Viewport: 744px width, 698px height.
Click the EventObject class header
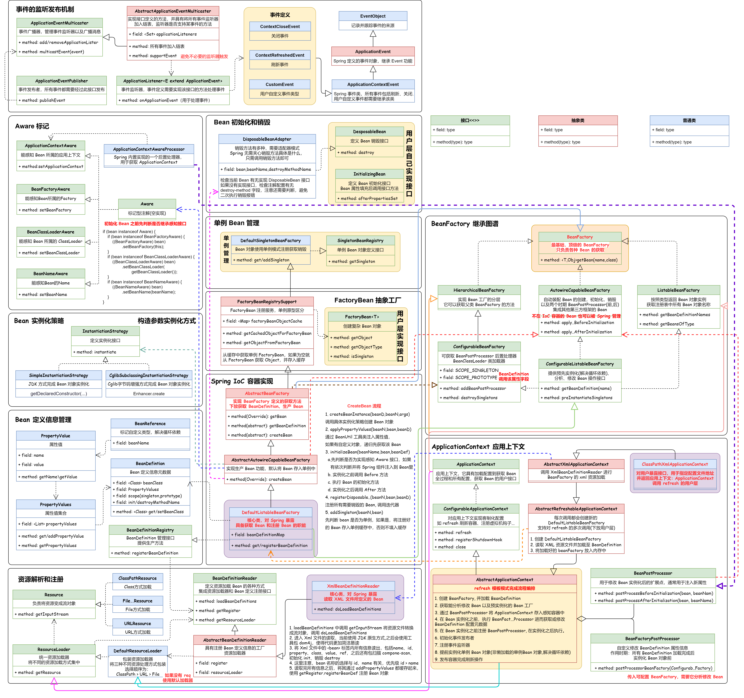click(x=373, y=16)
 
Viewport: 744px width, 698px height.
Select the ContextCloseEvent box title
click(x=280, y=27)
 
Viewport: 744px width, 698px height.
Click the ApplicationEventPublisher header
click(x=61, y=81)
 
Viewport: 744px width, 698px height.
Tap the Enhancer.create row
click(x=149, y=394)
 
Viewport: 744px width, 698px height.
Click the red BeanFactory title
click(x=580, y=237)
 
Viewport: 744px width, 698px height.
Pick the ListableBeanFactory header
click(x=678, y=290)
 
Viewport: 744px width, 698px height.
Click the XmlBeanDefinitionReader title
click(x=353, y=586)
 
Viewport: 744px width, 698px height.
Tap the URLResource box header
click(x=138, y=623)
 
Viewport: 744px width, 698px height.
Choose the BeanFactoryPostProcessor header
click(x=652, y=639)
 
